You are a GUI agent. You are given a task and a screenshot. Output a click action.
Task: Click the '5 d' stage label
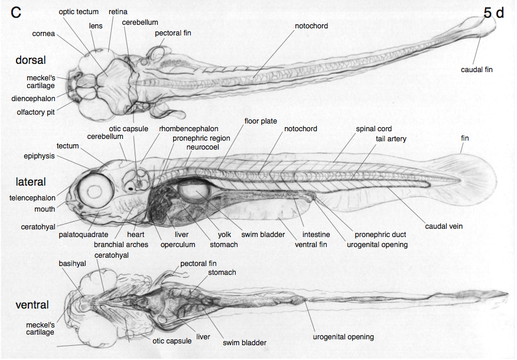pyautogui.click(x=493, y=13)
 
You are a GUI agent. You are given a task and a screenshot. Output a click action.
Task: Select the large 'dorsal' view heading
pyautogui.click(x=31, y=60)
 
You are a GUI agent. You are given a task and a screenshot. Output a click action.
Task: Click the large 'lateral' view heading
pyautogui.click(x=31, y=181)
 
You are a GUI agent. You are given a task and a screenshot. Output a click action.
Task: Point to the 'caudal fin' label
pyautogui.click(x=477, y=70)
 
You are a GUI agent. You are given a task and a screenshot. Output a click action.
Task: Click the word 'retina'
pyautogui.click(x=118, y=11)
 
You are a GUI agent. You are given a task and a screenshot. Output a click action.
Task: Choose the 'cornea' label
pyautogui.click(x=43, y=34)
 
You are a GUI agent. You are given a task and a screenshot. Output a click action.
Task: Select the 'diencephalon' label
pyautogui.click(x=33, y=99)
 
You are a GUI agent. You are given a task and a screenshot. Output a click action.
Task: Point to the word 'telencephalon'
pyautogui.click(x=32, y=198)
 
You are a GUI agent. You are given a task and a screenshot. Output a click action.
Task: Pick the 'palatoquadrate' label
pyautogui.click(x=83, y=235)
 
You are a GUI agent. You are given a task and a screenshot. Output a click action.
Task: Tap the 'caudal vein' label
pyautogui.click(x=444, y=226)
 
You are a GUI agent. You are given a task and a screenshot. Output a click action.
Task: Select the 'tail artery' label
pyautogui.click(x=391, y=139)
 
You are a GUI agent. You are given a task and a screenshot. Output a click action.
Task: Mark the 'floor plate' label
pyautogui.click(x=261, y=121)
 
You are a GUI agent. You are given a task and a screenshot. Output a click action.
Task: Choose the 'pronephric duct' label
pyautogui.click(x=380, y=235)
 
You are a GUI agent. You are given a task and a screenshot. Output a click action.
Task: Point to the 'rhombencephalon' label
pyautogui.click(x=188, y=128)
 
